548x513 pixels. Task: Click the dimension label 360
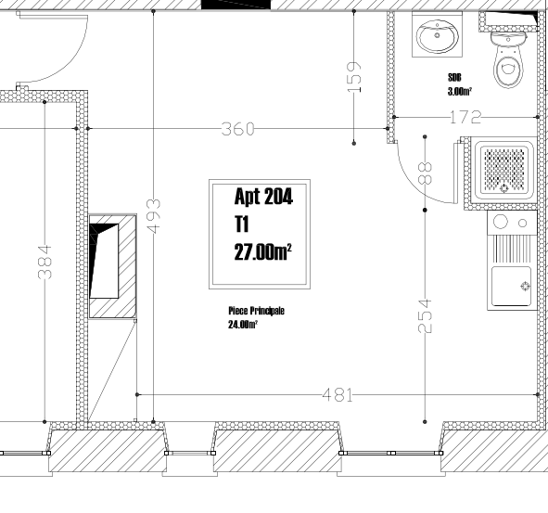point(238,129)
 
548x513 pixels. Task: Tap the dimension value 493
point(153,216)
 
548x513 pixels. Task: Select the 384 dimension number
point(45,263)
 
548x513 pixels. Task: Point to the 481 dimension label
point(338,395)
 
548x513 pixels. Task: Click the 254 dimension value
point(425,315)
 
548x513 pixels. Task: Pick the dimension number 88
point(425,173)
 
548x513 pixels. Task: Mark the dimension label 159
point(354,77)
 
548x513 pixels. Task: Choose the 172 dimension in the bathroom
point(465,118)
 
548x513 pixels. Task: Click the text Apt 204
point(263,196)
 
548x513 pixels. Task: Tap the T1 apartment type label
point(241,224)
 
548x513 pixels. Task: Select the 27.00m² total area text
point(262,251)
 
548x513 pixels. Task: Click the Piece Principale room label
point(256,311)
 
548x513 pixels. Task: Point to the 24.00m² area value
point(243,325)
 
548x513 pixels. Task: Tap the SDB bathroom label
point(454,77)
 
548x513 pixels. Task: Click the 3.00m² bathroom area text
point(460,91)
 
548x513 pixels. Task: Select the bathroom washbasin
point(438,35)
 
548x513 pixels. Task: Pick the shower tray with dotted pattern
point(503,170)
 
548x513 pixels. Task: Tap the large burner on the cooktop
point(500,222)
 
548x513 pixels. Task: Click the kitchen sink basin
point(511,287)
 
